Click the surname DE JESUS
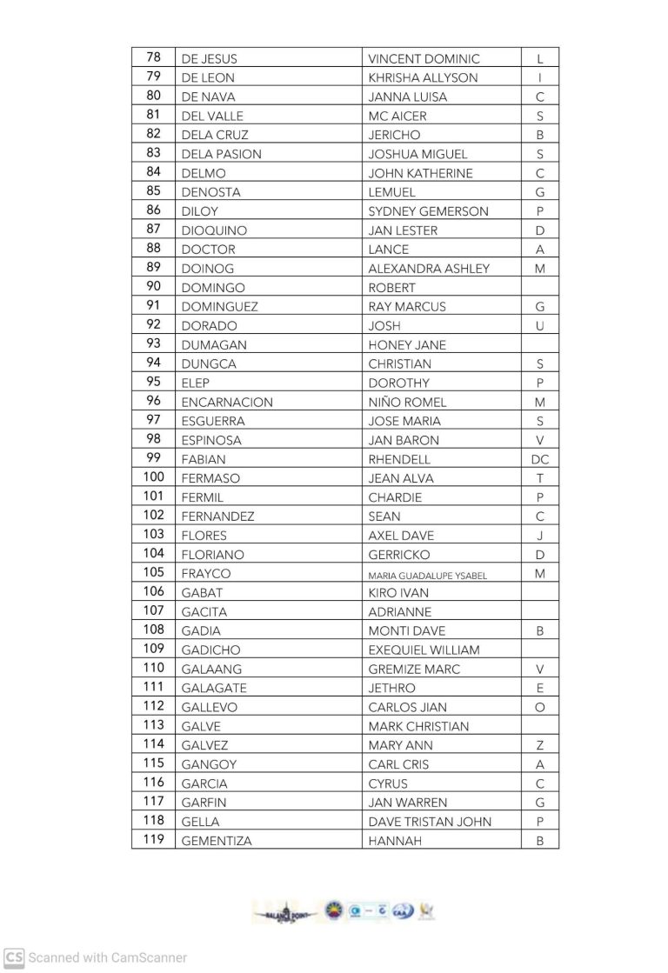point(209,59)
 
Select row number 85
point(153,191)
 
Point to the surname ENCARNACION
point(226,403)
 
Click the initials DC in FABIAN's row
point(539,459)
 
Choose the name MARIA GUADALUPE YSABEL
point(427,575)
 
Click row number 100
point(153,478)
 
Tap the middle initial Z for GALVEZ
point(539,745)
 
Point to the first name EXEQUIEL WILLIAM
point(424,650)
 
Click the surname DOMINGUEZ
point(219,307)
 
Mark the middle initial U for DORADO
point(539,326)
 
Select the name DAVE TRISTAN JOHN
point(430,822)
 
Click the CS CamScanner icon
point(14,957)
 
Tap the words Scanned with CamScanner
point(108,957)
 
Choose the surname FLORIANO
point(212,555)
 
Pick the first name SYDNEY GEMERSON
point(428,211)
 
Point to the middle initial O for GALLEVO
point(539,708)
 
